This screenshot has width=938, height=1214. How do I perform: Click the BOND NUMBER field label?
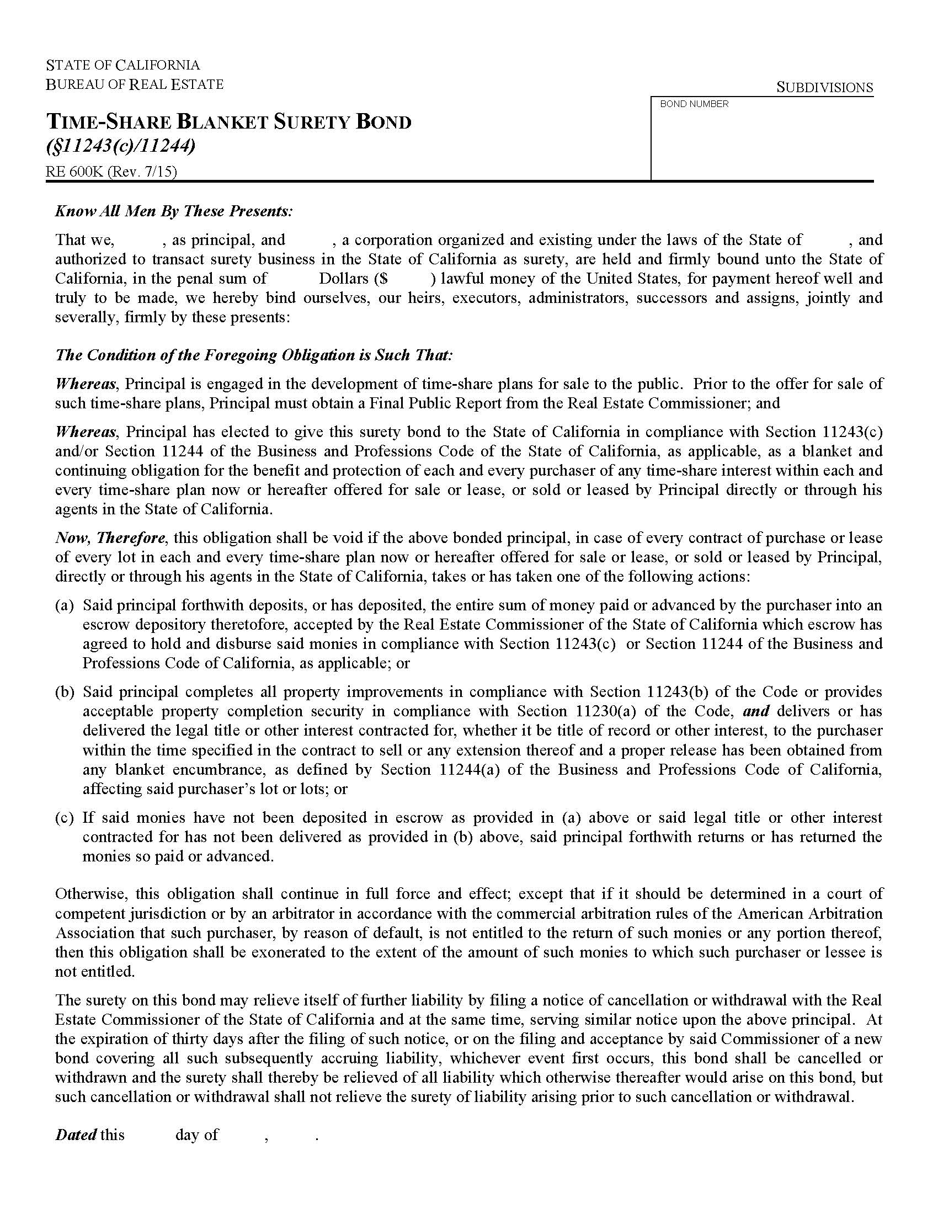pyautogui.click(x=694, y=104)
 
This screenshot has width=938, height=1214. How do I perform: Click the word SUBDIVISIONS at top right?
pyautogui.click(x=824, y=87)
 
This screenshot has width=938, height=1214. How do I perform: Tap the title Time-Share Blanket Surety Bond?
pyautogui.click(x=228, y=122)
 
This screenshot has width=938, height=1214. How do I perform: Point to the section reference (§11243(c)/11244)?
pyautogui.click(x=120, y=146)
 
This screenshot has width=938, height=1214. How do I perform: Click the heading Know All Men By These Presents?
pyautogui.click(x=173, y=211)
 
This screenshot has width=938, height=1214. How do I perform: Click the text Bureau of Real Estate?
pyautogui.click(x=135, y=84)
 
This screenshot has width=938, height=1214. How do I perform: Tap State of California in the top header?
pyautogui.click(x=123, y=65)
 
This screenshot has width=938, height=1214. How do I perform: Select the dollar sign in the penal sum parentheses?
pyautogui.click(x=384, y=279)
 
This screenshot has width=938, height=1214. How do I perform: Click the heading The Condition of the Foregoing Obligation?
pyautogui.click(x=254, y=355)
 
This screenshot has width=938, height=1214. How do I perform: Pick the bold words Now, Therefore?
pyautogui.click(x=110, y=537)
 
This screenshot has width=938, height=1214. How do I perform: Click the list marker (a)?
pyautogui.click(x=65, y=605)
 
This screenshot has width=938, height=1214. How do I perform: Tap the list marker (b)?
pyautogui.click(x=65, y=692)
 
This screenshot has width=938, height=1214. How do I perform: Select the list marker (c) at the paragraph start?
pyautogui.click(x=65, y=818)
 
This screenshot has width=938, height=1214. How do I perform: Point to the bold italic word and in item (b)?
pyautogui.click(x=756, y=711)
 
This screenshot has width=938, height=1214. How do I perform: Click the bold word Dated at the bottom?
pyautogui.click(x=76, y=1135)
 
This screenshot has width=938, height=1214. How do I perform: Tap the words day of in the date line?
pyautogui.click(x=197, y=1135)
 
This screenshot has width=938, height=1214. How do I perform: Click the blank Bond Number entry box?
pyautogui.click(x=761, y=145)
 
